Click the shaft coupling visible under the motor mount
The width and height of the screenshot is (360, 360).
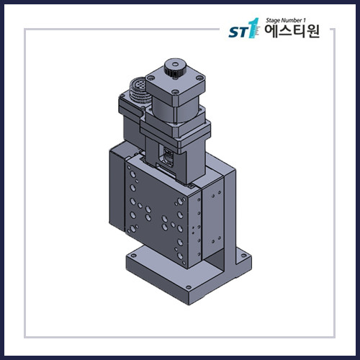pyautogui.click(x=168, y=155)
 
